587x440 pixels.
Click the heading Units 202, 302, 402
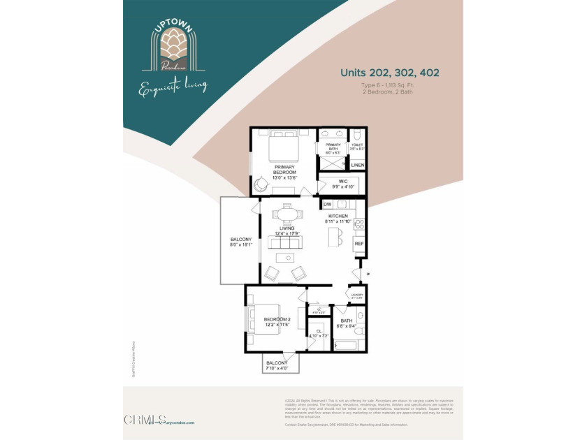pos(389,73)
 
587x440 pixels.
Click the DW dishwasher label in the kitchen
pos(327,205)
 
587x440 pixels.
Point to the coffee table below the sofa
pos(284,258)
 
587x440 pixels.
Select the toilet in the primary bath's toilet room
pos(356,135)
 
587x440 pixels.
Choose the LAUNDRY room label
pos(356,296)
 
